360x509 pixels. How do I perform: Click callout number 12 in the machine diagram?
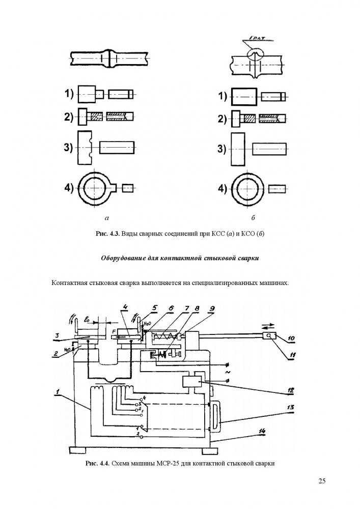[291, 391]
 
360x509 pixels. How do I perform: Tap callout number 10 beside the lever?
[290, 337]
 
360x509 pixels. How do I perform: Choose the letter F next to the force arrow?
[113, 332]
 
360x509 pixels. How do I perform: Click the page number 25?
[322, 481]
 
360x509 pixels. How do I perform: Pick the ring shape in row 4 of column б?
[246, 188]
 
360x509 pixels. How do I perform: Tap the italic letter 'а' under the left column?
[107, 218]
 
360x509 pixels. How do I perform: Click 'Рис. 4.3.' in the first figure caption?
[107, 234]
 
